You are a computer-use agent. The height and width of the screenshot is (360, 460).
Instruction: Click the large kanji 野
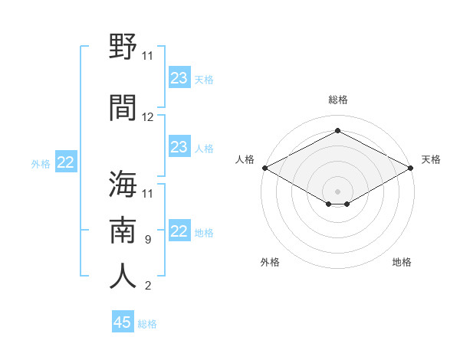(x=123, y=46)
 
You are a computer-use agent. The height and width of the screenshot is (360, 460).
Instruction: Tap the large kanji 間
(x=123, y=107)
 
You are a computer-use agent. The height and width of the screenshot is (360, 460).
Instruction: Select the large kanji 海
(x=123, y=184)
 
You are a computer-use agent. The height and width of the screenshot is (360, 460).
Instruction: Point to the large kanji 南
(x=123, y=230)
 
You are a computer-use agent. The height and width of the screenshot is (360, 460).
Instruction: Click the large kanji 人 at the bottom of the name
(x=123, y=276)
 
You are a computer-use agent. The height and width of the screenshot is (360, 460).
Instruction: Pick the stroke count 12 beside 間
(x=147, y=117)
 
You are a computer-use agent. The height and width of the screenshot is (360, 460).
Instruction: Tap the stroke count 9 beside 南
(x=148, y=240)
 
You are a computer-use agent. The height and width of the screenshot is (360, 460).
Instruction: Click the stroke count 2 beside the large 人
(x=148, y=286)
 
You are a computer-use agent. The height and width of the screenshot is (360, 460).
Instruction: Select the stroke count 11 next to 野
(x=147, y=56)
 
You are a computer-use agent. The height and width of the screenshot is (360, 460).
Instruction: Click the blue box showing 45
(x=123, y=321)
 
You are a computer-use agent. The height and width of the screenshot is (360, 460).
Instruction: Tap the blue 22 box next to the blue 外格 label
(x=66, y=162)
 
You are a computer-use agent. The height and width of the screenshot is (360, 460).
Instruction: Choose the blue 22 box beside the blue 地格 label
(x=179, y=230)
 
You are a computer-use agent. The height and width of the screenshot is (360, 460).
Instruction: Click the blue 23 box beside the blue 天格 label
(x=179, y=77)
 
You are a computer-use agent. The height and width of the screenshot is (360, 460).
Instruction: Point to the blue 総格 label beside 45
(x=147, y=324)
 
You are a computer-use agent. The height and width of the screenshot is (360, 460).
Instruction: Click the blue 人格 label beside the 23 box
(x=204, y=149)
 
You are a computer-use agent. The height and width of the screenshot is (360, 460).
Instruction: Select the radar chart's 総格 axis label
(x=338, y=100)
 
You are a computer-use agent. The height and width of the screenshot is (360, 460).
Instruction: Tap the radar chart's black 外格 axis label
(x=270, y=262)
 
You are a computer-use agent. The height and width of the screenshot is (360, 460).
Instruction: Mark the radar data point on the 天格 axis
(x=411, y=168)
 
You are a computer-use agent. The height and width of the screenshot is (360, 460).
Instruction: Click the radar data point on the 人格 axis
(x=265, y=168)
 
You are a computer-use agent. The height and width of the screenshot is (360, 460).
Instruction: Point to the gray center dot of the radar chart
(x=337, y=191)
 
